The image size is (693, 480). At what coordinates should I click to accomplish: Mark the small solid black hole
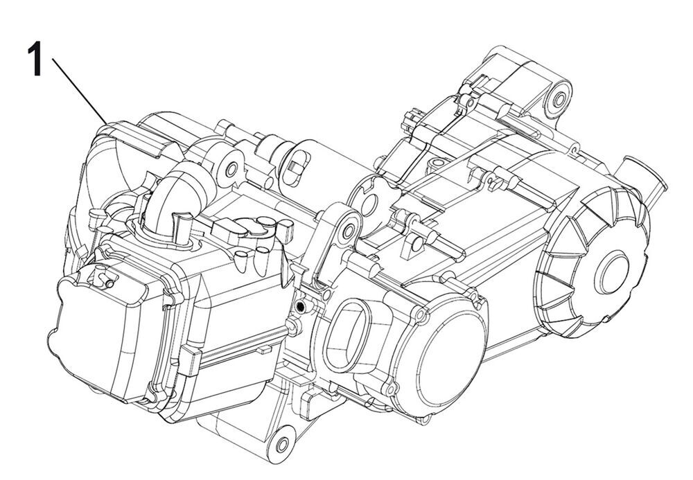(x=299, y=305)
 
